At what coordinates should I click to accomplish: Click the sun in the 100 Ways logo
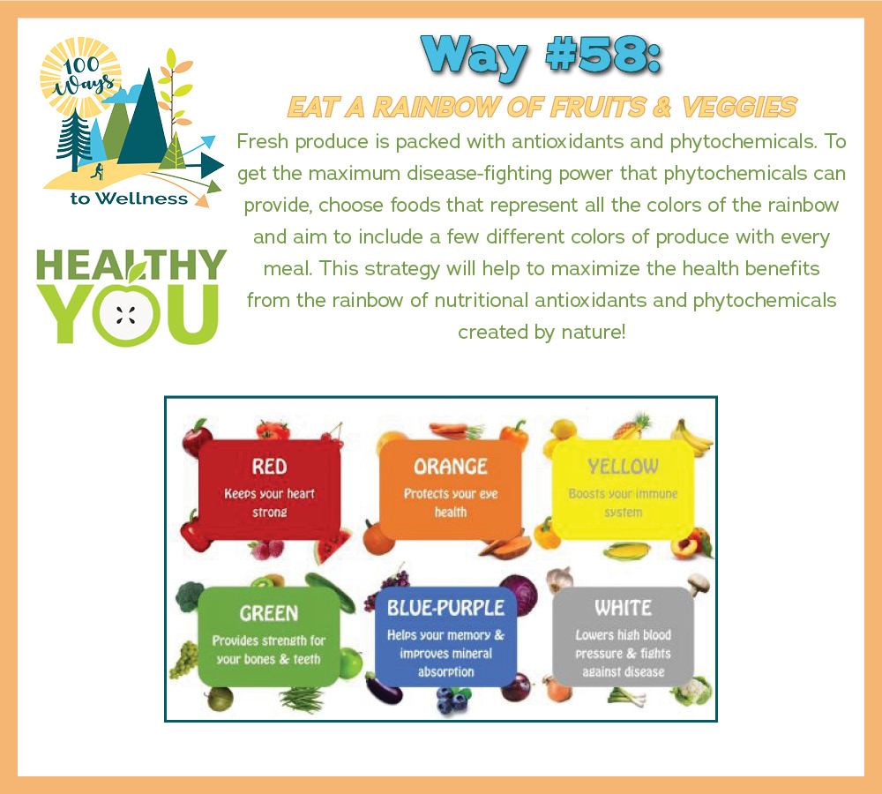coord(80,76)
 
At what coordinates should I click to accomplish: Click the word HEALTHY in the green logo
coord(131,265)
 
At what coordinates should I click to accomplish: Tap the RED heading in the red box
coord(269,467)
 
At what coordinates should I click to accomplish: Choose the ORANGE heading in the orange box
coord(451,467)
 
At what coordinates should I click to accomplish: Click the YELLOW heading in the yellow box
coord(623,467)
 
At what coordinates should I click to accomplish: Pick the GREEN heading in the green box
coord(269,613)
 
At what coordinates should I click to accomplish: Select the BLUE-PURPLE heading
coord(446,608)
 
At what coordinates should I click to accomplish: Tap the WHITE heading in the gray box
coord(624,608)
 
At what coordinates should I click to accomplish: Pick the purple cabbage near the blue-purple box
coord(519,594)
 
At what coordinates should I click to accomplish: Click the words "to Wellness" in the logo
coord(130,198)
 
